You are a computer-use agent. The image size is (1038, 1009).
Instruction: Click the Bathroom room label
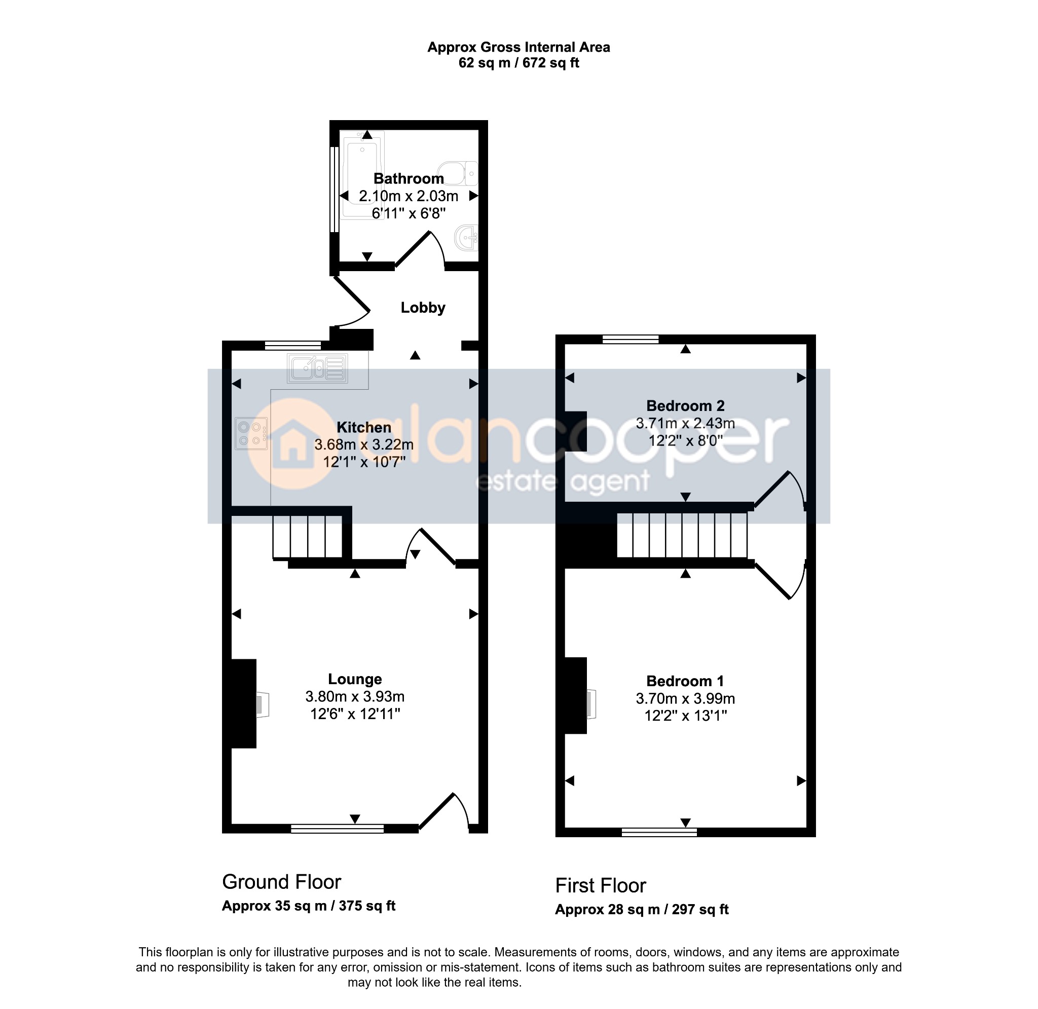point(409,178)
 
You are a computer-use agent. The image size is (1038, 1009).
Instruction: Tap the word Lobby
point(423,308)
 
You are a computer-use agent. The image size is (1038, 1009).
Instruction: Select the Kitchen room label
point(364,427)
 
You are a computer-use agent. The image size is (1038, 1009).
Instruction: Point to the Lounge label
point(355,679)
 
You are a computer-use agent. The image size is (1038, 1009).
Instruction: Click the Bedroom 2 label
point(685,406)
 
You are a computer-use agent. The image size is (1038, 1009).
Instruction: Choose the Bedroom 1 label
point(685,681)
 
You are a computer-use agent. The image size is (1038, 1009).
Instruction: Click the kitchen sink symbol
point(317,368)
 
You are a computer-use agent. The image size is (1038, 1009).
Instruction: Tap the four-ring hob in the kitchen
point(251,433)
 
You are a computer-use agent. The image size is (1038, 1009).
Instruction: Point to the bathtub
point(362,175)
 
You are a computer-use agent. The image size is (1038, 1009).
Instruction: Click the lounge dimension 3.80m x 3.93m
point(355,696)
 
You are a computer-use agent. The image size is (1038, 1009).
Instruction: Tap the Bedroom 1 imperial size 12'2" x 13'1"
point(686,716)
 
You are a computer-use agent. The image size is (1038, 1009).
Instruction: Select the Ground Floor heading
point(281,882)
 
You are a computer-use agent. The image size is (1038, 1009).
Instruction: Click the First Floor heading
point(600,885)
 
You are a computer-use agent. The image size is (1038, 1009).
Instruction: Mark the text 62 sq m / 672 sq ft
point(518,63)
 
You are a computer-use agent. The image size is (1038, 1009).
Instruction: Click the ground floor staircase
point(308,537)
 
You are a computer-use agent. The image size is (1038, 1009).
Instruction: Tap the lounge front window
point(338,829)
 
